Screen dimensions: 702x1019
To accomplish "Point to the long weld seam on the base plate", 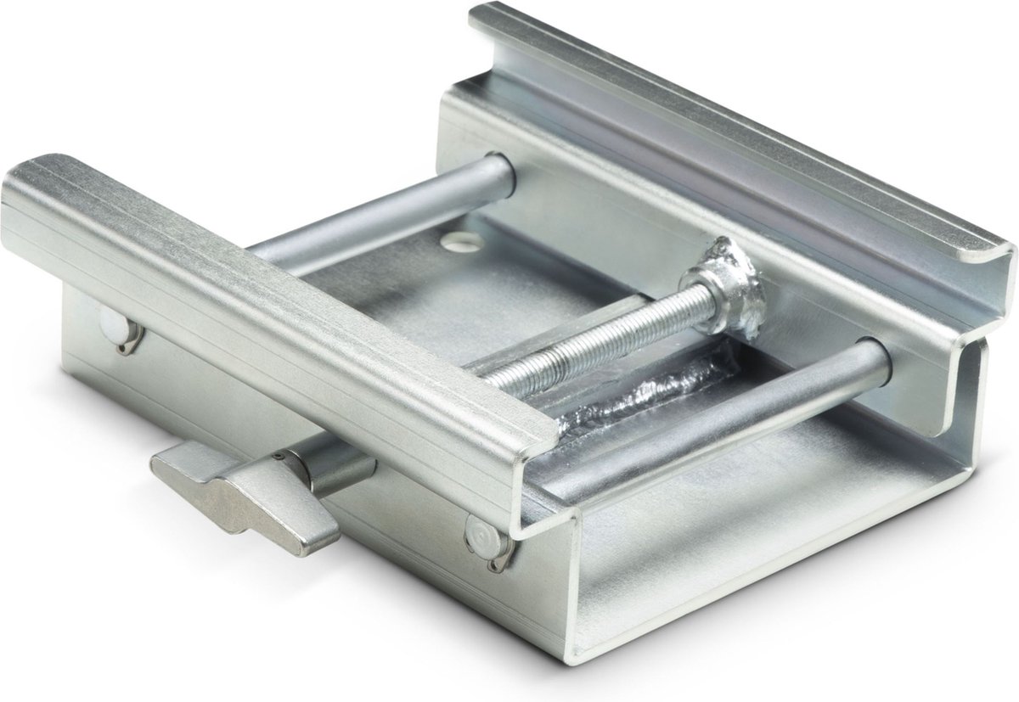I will (645, 395).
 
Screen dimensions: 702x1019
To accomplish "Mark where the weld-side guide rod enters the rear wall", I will (875, 357).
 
